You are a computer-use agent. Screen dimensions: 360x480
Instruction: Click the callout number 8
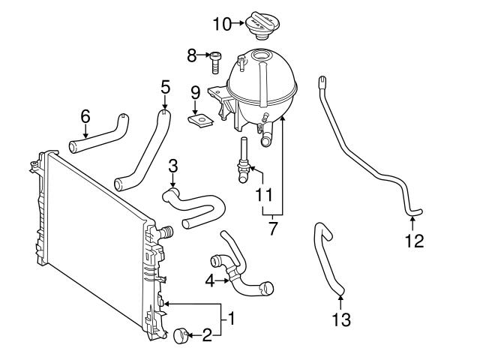(x=191, y=55)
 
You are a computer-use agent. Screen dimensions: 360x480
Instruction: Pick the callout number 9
(x=194, y=92)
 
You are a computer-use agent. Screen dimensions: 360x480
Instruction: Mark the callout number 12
(x=414, y=241)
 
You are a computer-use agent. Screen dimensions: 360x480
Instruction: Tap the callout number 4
(x=211, y=281)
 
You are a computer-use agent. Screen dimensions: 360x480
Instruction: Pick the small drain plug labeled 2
(x=182, y=335)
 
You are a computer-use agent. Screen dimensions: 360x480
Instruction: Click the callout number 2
(x=206, y=335)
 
